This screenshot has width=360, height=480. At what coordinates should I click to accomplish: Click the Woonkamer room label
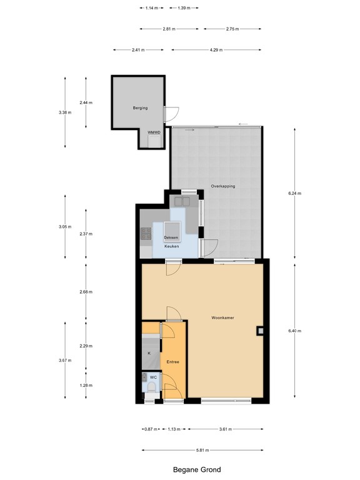coord(222,317)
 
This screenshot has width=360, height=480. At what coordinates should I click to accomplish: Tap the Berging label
coord(140,108)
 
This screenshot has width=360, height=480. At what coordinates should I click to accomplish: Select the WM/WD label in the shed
coord(153,132)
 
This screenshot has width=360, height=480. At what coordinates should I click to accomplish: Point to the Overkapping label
coord(222,186)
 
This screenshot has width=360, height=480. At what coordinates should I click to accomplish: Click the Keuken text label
coord(171,246)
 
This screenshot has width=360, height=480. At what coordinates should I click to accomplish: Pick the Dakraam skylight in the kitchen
coord(171,238)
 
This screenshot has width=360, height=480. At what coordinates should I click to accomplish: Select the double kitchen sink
coord(183,201)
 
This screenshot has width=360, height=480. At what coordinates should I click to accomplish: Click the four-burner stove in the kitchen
coord(147,234)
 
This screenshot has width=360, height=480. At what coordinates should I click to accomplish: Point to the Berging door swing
coord(172,114)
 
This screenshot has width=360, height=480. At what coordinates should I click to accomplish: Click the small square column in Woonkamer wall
coord(259,331)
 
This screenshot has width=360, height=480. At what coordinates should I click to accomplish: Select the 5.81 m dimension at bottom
coord(201,450)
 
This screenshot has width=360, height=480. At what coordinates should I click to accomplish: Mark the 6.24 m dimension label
coord(295,194)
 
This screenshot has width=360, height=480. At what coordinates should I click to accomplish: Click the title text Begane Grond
coord(197,469)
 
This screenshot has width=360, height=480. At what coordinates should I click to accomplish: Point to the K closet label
coord(149,353)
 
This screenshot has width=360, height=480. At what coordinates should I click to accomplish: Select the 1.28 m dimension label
coord(86,386)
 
